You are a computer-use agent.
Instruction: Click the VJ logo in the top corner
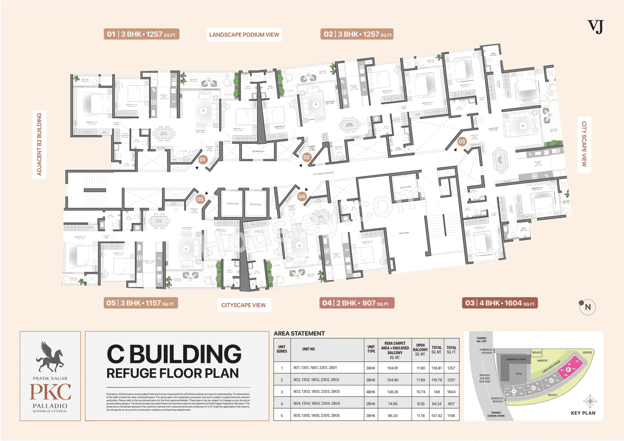(595, 27)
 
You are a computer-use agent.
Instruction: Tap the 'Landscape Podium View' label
(244, 35)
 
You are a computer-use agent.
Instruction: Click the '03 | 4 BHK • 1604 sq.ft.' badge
(500, 303)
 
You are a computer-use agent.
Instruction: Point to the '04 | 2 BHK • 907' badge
(356, 303)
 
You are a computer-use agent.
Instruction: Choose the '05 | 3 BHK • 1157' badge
(141, 303)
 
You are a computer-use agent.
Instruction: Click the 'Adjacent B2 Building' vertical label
(40, 145)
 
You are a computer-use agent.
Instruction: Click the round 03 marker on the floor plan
(462, 141)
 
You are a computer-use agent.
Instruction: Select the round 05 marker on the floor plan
(200, 199)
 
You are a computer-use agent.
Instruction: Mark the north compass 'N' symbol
(587, 307)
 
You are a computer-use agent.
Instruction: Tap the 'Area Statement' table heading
(299, 333)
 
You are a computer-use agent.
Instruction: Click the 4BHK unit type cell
(371, 391)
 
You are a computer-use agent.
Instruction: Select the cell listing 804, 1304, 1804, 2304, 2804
(322, 403)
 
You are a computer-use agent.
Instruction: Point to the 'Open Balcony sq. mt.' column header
(421, 349)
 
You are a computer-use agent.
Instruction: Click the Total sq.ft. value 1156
(451, 415)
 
